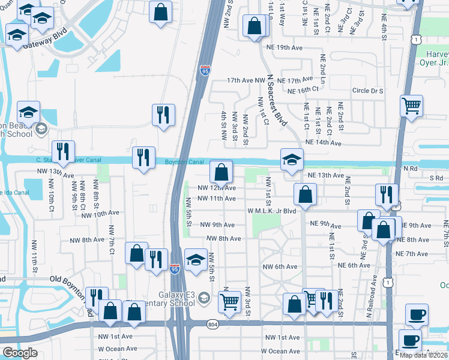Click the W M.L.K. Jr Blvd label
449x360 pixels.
tap(272, 211)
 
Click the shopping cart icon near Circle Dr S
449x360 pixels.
tap(411, 107)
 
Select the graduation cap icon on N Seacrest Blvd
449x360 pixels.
tap(292, 160)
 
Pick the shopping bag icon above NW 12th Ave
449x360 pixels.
tap(221, 172)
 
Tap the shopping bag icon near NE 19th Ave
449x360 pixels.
tap(255, 26)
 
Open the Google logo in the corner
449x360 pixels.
tap(20, 353)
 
